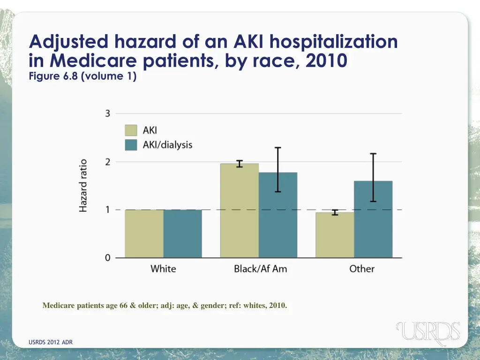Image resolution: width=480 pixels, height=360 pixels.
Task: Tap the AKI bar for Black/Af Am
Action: click(x=240, y=210)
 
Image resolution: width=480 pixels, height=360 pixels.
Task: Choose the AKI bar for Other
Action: click(x=335, y=235)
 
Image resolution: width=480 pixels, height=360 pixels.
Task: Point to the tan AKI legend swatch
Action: click(x=131, y=130)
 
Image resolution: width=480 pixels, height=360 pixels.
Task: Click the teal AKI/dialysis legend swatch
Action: click(x=131, y=144)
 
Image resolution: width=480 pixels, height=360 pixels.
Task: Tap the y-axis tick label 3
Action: click(x=107, y=113)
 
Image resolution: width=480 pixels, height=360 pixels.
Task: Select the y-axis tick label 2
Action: click(x=107, y=162)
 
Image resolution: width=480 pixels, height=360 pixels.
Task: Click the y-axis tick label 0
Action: click(x=107, y=258)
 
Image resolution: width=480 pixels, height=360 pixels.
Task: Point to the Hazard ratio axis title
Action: click(x=83, y=186)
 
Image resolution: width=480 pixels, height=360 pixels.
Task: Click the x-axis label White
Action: click(x=163, y=269)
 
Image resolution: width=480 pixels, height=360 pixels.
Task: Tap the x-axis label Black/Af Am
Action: click(x=258, y=269)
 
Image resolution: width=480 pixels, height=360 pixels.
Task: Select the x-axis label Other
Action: click(x=362, y=269)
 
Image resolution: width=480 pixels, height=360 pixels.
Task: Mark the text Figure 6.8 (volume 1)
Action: click(x=82, y=76)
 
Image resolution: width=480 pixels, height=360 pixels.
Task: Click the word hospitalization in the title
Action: click(x=333, y=42)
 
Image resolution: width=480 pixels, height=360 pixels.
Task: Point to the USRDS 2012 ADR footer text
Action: click(x=51, y=342)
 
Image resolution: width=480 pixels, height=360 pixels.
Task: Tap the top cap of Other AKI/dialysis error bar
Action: click(x=373, y=154)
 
